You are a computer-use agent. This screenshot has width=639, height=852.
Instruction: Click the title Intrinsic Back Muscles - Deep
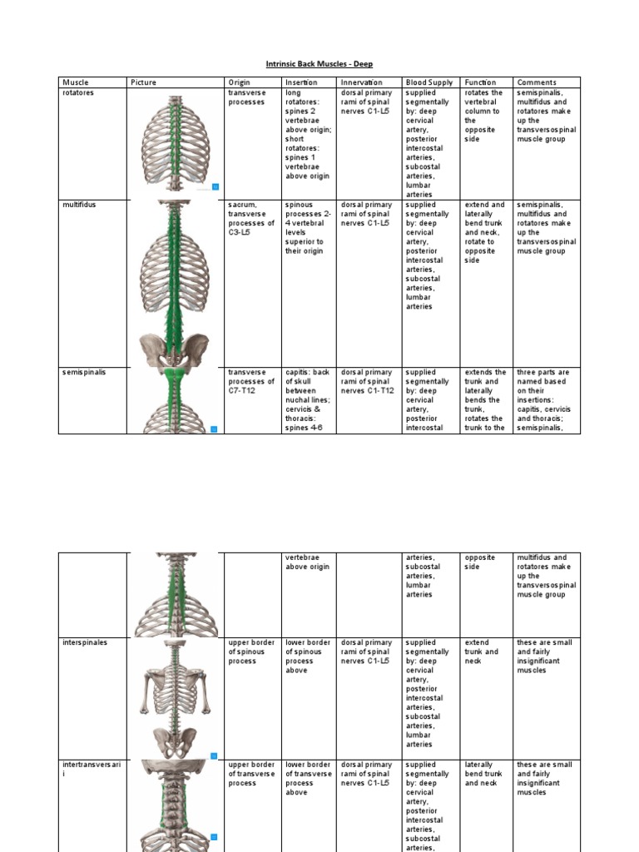[x=319, y=64]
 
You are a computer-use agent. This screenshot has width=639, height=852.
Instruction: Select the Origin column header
[x=239, y=82]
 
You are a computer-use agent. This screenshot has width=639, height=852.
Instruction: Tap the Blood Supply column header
[x=428, y=82]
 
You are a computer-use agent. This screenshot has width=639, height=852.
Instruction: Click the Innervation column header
[x=361, y=82]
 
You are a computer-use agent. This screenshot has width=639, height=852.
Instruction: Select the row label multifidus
[x=79, y=205]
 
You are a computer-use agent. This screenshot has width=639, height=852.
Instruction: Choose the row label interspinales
[x=84, y=643]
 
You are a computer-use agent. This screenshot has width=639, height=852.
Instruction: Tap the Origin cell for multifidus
[x=250, y=219]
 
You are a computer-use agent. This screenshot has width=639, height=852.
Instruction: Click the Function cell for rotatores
[x=483, y=116]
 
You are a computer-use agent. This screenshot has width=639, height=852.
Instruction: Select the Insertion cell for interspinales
[x=308, y=656]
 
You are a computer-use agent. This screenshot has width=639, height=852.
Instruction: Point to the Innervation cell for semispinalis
[x=366, y=382]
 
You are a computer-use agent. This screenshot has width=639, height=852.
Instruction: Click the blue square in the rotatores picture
[x=215, y=186]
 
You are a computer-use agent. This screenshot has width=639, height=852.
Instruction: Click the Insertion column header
[x=300, y=82]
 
